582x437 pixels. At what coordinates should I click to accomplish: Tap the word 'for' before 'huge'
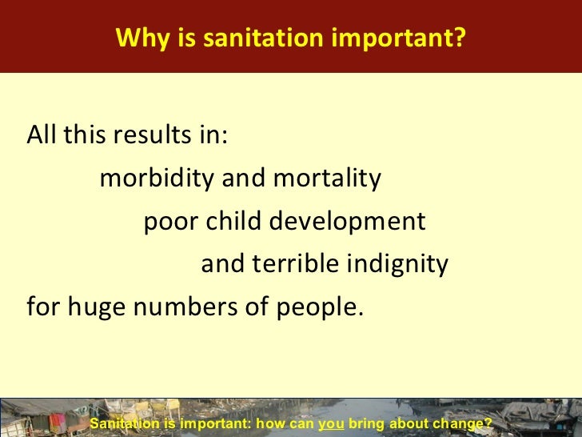click(42, 307)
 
